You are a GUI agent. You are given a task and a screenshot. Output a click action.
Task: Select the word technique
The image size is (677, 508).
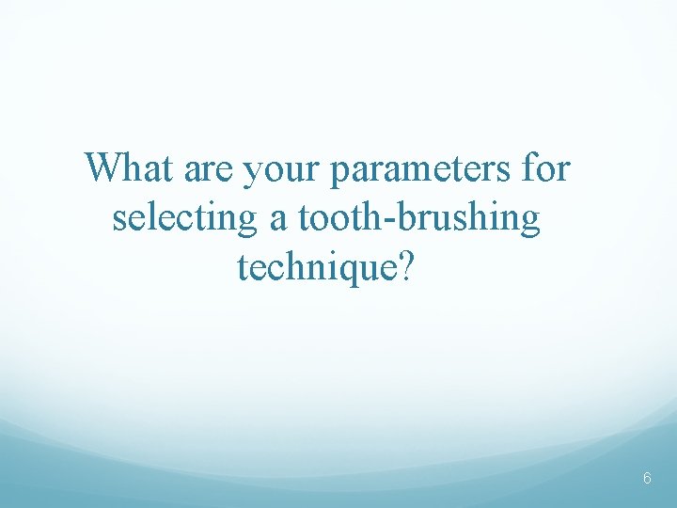click(x=316, y=269)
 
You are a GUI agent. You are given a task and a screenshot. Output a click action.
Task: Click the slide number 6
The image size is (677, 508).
click(x=647, y=478)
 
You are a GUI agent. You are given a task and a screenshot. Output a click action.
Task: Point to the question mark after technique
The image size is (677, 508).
click(x=404, y=267)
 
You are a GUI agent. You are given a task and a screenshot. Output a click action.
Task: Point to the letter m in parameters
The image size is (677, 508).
click(x=423, y=173)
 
